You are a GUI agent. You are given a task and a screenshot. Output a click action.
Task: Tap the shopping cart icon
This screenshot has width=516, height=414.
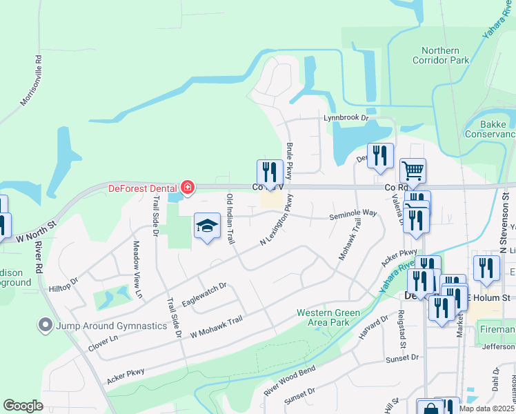413,170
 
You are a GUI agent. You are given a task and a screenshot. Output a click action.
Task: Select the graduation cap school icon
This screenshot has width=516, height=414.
207,226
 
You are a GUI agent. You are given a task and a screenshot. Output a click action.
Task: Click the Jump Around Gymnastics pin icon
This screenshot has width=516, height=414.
46,324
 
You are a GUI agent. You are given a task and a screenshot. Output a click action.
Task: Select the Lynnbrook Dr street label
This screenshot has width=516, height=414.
346,118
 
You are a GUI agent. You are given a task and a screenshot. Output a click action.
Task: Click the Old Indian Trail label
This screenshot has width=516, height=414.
230,218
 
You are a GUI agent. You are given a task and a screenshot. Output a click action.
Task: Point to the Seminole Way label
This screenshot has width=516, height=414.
353,214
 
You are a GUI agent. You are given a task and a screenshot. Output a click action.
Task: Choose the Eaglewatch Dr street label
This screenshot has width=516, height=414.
204,295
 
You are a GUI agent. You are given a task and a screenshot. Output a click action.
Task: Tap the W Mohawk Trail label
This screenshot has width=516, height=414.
217,326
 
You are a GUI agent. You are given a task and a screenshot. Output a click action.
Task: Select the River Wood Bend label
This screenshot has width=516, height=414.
290,382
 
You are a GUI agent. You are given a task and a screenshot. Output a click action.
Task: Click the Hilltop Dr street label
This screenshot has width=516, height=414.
64,284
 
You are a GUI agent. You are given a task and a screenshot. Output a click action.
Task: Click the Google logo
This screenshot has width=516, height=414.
23,406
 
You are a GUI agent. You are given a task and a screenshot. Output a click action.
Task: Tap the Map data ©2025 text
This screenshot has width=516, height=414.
486,408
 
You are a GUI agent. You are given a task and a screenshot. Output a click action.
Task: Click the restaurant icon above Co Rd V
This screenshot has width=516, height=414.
270,172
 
